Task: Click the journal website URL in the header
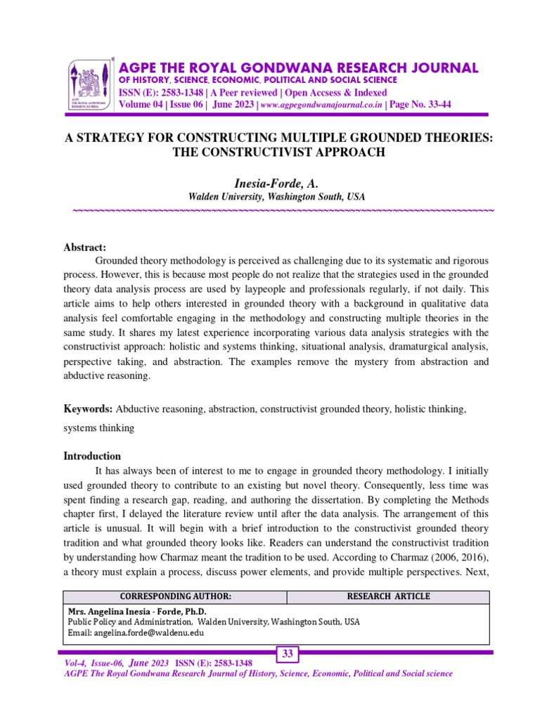tap(322, 105)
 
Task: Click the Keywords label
tap(88, 409)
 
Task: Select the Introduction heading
tap(92, 456)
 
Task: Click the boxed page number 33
tap(288, 655)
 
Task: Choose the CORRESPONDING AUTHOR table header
tap(176, 596)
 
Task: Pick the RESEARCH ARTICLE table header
tap(388, 596)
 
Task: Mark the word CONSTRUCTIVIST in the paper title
tap(243, 152)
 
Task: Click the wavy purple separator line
tap(283, 211)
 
